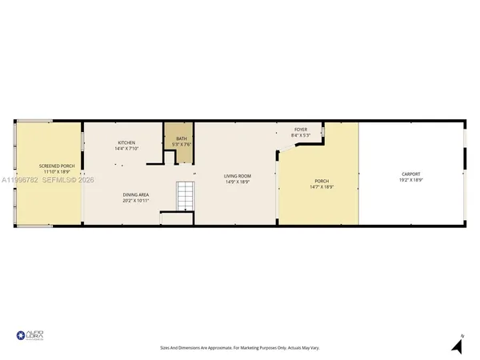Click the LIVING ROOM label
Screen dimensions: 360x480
[x=238, y=176]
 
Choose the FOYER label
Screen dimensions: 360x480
[x=301, y=130]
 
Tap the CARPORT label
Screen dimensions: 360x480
[x=411, y=174]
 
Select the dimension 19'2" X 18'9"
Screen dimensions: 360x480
[x=411, y=181]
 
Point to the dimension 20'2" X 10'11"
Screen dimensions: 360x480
[x=137, y=200]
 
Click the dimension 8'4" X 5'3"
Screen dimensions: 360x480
[x=301, y=135]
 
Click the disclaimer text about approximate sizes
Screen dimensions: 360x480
[x=239, y=348]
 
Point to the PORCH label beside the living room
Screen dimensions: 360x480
[x=322, y=181]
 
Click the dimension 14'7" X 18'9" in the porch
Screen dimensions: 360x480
[x=322, y=187]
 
